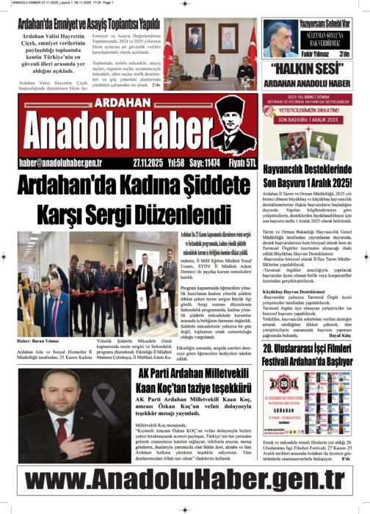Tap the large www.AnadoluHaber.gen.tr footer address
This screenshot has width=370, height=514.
(x=184, y=479)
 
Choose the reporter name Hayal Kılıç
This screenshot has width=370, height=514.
(x=351, y=330)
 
